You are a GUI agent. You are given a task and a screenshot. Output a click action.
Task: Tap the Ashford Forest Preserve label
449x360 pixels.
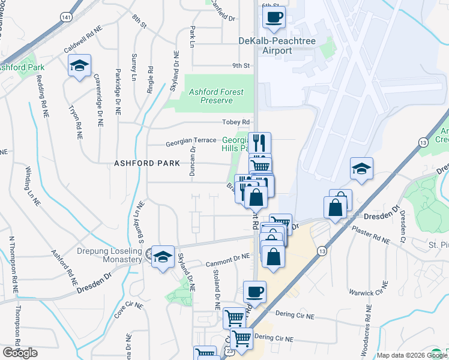pos(216,97)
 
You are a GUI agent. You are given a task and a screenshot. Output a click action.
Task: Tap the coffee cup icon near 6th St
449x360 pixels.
pos(274,18)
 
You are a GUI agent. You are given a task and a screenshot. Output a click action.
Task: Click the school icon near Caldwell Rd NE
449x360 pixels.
pos(79,66)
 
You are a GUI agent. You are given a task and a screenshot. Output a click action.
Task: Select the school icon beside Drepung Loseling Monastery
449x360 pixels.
pos(162,257)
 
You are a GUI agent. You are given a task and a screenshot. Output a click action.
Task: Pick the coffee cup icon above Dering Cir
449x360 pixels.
pos(255,292)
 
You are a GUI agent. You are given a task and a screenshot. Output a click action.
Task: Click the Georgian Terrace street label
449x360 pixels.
pos(191,140)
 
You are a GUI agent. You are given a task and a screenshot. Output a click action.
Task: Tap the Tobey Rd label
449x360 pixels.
pos(236,122)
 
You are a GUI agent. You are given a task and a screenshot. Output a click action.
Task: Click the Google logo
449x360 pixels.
pos(20,353)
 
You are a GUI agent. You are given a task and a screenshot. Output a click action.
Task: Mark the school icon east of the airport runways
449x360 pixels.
pos(362,169)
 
